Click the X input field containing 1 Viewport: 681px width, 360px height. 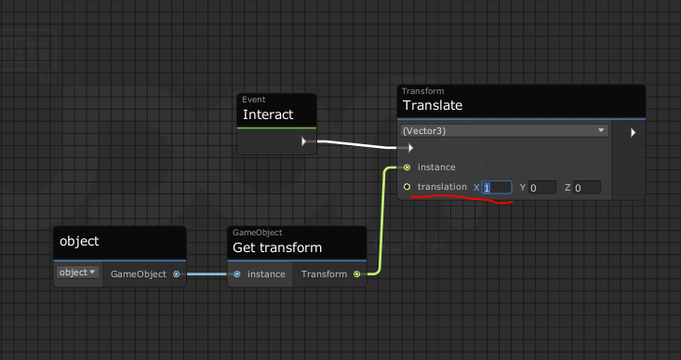(497, 188)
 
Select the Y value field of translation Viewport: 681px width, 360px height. (542, 188)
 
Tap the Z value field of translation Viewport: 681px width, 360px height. (587, 188)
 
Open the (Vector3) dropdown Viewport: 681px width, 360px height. (504, 131)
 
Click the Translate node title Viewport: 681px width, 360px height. (433, 105)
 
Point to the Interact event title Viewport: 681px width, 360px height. (268, 114)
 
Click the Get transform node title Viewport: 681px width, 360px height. (277, 247)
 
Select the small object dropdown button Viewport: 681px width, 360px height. (78, 273)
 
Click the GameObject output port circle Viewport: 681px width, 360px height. (177, 274)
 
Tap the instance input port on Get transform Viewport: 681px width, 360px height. (236, 274)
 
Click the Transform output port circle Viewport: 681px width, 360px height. (356, 274)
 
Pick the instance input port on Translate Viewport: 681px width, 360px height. (407, 167)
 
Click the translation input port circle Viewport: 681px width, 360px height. (407, 187)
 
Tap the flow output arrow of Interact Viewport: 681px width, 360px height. (304, 141)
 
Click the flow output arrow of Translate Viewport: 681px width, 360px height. (634, 132)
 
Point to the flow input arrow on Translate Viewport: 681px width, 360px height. (410, 148)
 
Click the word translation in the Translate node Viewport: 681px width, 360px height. (442, 187)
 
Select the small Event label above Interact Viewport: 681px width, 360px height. (254, 100)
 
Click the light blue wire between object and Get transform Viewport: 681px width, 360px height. (207, 274)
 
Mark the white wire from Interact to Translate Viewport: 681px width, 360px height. (357, 144)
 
